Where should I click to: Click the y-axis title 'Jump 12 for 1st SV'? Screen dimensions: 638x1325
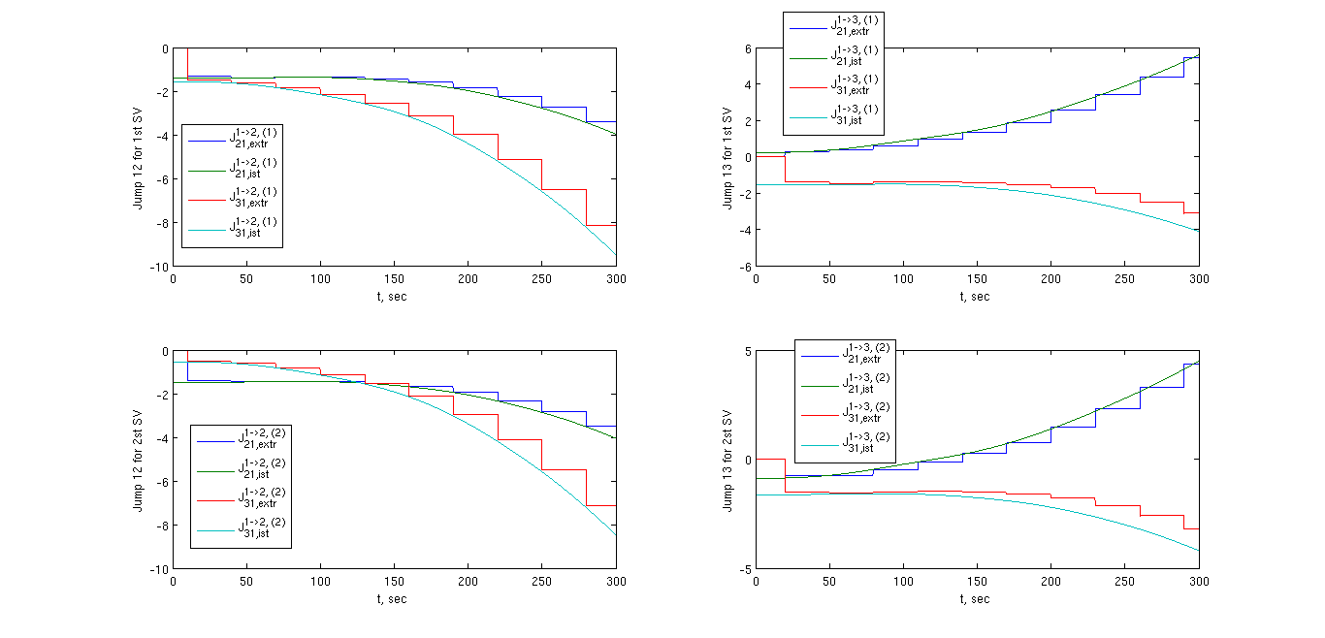pos(139,157)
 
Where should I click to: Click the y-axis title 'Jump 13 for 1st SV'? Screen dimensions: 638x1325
pos(727,157)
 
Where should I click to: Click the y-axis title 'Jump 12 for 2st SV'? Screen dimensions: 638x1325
pos(139,460)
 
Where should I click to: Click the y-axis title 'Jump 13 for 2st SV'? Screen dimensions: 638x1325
pos(727,460)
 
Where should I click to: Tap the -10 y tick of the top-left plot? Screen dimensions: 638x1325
pos(158,267)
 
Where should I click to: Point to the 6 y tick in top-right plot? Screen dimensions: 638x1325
pos(748,49)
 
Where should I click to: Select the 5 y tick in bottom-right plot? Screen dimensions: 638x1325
pos(748,352)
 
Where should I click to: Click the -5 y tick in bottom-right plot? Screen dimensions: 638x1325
pos(746,569)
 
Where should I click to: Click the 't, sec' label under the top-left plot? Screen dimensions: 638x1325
pos(394,296)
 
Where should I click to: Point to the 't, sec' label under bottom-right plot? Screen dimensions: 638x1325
pos(977,598)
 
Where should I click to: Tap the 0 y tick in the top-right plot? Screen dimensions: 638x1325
pos(748,158)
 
